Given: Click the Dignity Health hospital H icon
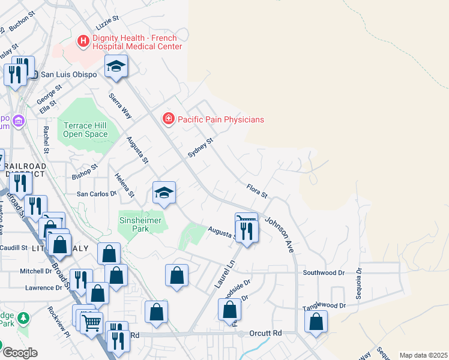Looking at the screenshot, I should click(83, 41).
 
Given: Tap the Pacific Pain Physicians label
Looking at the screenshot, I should click(220, 119).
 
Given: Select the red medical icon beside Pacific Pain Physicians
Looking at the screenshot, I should click(169, 119).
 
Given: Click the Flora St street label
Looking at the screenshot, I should click(256, 192).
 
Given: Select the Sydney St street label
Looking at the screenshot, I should click(200, 148).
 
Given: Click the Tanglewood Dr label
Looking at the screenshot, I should click(325, 305).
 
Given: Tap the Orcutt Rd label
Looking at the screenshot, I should click(268, 333).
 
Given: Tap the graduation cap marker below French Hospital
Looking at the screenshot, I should click(116, 66).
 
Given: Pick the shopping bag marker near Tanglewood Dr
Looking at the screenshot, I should click(316, 321).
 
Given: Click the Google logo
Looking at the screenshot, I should click(20, 353).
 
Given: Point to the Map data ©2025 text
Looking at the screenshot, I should click(423, 355).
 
